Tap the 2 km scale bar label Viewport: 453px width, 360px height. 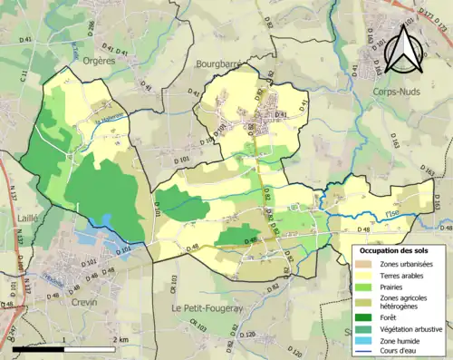pyautogui.click(x=120, y=339)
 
